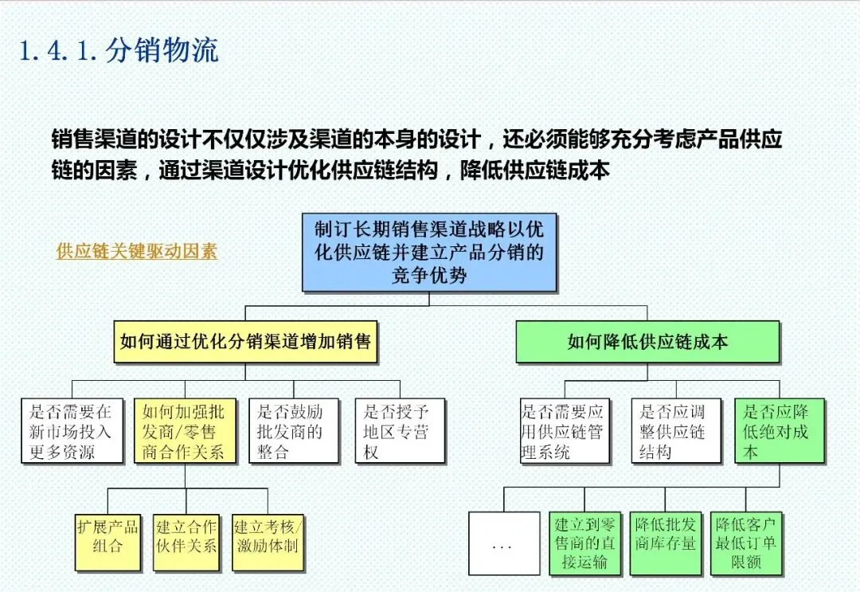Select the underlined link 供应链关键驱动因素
[136, 251]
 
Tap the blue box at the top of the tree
[429, 252]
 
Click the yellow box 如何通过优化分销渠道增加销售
[245, 342]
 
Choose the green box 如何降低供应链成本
[647, 342]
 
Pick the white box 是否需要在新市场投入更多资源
[72, 431]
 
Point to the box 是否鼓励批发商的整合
[291, 431]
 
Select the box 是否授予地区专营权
[400, 431]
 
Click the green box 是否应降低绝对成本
[780, 431]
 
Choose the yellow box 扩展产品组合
[107, 541]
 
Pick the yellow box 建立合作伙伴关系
[186, 541]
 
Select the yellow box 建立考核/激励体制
[268, 541]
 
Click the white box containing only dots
[503, 543]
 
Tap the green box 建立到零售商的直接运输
[585, 543]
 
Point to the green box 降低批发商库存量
[666, 543]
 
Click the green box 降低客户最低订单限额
[746, 543]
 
